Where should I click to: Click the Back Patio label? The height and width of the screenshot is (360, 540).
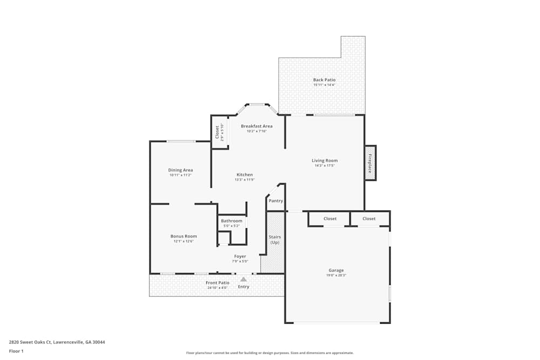click(324, 80)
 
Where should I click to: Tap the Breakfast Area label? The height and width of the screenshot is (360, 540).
click(256, 126)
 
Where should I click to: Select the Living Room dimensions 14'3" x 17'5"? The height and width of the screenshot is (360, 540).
click(325, 166)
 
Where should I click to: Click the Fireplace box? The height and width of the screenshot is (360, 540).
click(370, 163)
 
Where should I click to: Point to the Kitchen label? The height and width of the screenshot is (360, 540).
click(245, 175)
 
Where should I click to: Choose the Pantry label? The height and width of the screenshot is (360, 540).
click(275, 201)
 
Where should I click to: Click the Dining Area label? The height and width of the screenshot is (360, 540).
click(180, 170)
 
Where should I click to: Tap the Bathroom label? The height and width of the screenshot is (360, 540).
click(232, 221)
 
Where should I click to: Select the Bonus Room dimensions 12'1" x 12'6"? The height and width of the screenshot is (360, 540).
click(184, 241)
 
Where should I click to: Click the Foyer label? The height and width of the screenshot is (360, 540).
click(240, 256)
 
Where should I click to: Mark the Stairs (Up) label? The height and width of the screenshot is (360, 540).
click(275, 240)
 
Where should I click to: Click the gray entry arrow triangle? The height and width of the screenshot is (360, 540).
click(244, 279)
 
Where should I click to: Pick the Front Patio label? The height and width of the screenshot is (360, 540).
click(218, 282)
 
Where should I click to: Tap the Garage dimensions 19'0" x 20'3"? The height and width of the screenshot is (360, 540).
click(336, 275)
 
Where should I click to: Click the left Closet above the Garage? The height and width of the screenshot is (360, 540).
click(330, 219)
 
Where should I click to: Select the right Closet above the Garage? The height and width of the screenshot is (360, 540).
click(369, 219)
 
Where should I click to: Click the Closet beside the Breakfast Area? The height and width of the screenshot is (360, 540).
click(218, 132)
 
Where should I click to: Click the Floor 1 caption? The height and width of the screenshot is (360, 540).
click(16, 351)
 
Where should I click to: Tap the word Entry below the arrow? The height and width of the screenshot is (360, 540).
click(244, 287)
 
